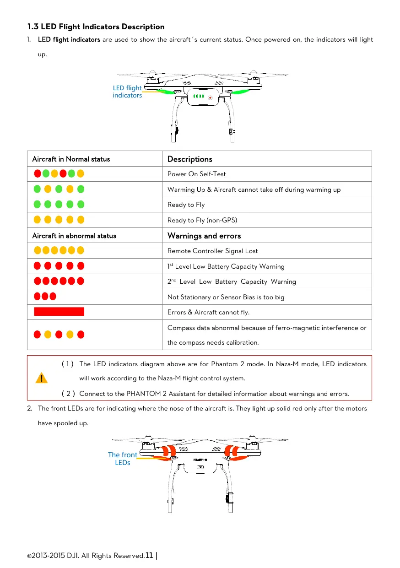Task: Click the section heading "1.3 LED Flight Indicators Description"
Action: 96,27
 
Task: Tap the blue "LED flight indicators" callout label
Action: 127,92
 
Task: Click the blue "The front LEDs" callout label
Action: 122,459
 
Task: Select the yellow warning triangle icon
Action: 41,378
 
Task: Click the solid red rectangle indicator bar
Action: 59,312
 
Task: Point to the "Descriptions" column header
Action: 190,159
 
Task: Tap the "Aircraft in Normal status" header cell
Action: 71,159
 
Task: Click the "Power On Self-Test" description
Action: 196,174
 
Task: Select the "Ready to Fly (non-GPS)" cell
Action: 202,220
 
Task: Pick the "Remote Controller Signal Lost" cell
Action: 212,251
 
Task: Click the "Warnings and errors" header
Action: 204,236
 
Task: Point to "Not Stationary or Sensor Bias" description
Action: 226,297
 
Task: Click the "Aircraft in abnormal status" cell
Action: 74,236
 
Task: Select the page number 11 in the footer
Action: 149,556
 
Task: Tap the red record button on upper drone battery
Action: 210,97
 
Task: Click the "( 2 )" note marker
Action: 68,394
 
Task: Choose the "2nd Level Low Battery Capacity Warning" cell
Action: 232,281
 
